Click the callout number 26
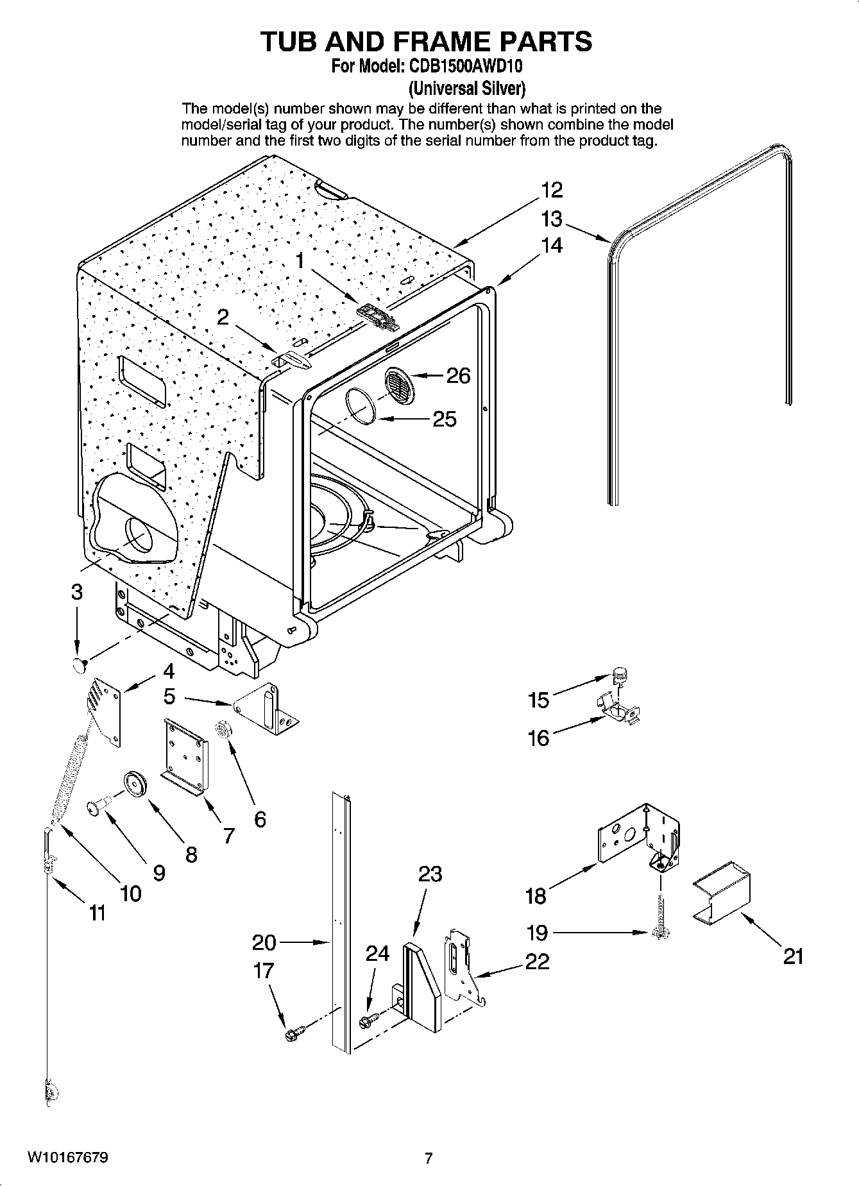pyautogui.click(x=458, y=375)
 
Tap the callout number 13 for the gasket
pyautogui.click(x=551, y=219)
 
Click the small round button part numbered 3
pyautogui.click(x=80, y=665)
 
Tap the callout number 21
pyautogui.click(x=793, y=956)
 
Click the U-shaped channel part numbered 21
pyautogui.click(x=722, y=895)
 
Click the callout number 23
pyautogui.click(x=430, y=874)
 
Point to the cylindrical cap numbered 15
pyautogui.click(x=619, y=673)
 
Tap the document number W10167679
pyautogui.click(x=67, y=1158)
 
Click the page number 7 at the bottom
pyautogui.click(x=429, y=1158)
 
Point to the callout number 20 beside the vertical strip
pyautogui.click(x=264, y=942)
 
